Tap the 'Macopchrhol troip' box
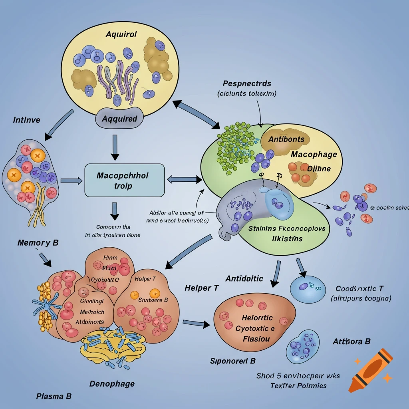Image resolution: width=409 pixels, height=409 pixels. (125, 181)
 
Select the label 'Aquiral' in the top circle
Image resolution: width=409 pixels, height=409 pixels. (121, 34)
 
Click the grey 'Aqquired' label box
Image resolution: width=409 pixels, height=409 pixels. (119, 119)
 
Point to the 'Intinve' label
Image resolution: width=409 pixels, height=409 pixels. (26, 120)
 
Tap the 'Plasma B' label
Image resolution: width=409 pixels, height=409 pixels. (54, 396)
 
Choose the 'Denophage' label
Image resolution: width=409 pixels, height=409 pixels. (112, 384)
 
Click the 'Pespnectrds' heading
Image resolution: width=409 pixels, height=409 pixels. (247, 83)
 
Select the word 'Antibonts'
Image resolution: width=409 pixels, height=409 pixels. (286, 139)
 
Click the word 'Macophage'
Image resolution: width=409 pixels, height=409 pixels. (314, 154)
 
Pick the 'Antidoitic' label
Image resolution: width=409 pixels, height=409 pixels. (244, 278)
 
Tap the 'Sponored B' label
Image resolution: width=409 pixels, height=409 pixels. (232, 361)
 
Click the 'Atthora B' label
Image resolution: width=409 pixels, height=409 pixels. (351, 341)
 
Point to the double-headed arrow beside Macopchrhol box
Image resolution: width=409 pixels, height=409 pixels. (184, 180)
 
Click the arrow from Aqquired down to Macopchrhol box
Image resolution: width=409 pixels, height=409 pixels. (115, 147)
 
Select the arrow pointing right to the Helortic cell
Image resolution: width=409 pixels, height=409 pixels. (196, 323)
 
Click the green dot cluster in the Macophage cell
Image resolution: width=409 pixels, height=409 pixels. (234, 146)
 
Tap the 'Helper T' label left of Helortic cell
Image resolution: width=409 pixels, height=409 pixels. (202, 288)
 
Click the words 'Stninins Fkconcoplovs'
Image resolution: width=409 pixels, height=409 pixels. (287, 229)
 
